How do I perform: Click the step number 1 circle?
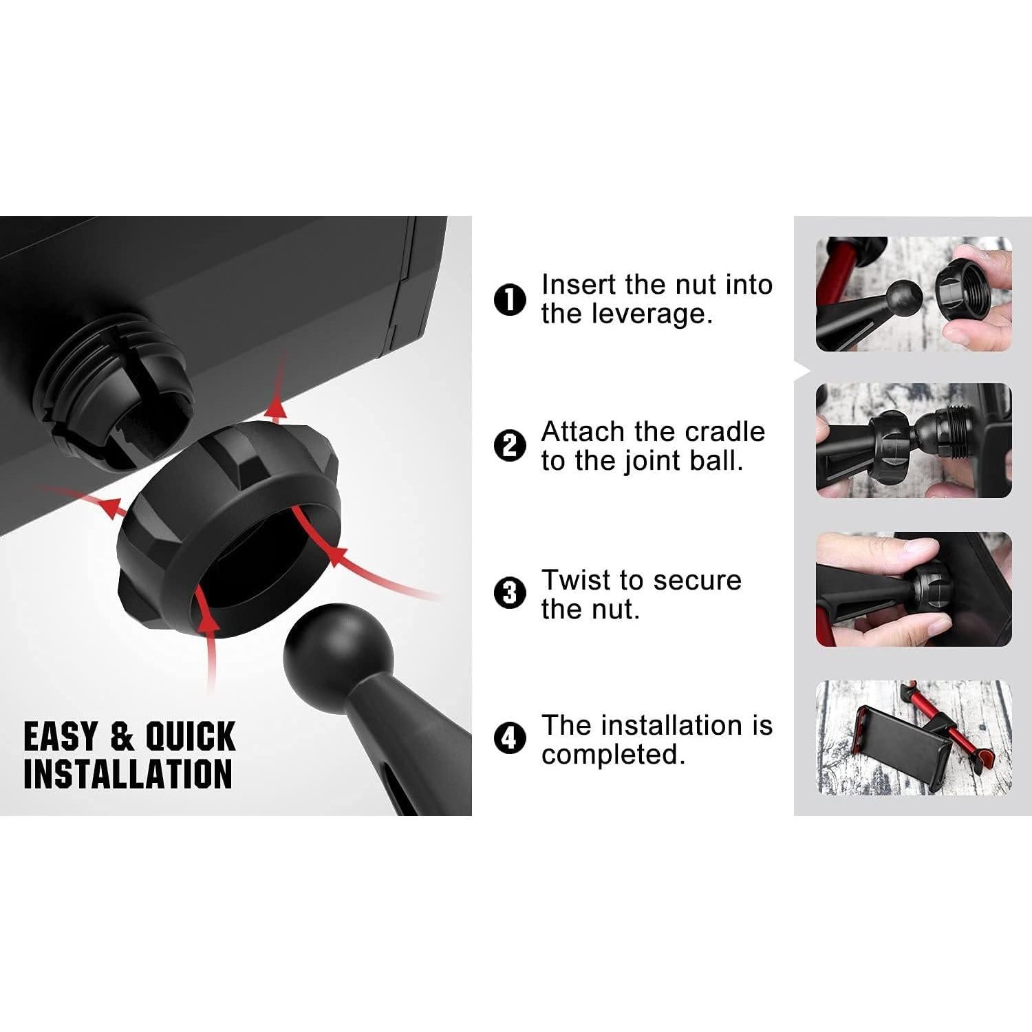pyautogui.click(x=510, y=300)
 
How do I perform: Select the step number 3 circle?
pyautogui.click(x=510, y=593)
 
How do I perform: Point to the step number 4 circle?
pyautogui.click(x=510, y=738)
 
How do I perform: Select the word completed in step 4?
pyautogui.click(x=612, y=755)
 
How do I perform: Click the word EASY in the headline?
pyautogui.click(x=61, y=737)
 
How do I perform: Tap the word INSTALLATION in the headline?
pyautogui.click(x=128, y=774)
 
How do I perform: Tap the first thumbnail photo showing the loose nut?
pyautogui.click(x=914, y=294)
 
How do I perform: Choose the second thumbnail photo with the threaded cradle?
pyautogui.click(x=914, y=441)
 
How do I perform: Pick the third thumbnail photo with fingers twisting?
pyautogui.click(x=914, y=589)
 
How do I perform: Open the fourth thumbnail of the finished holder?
pyautogui.click(x=914, y=738)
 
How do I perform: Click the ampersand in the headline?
pyautogui.click(x=121, y=737)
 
